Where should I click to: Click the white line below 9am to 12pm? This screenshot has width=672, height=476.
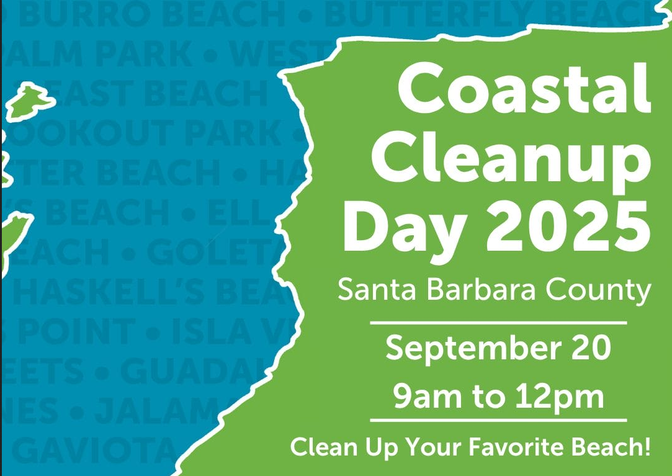point(498,421)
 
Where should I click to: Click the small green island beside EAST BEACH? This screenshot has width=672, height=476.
point(30,99)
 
